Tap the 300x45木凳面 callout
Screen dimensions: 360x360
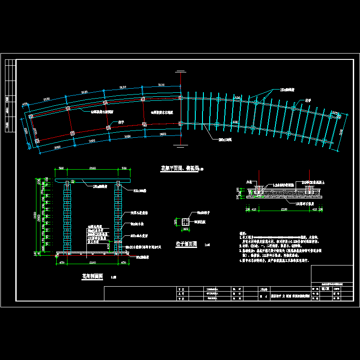click(x=138, y=235)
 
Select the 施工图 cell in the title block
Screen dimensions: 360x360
click(x=323, y=289)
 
